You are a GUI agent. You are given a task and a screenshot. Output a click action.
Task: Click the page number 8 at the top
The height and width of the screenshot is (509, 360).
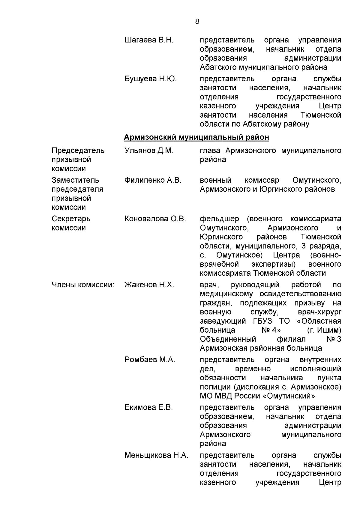(x=197, y=22)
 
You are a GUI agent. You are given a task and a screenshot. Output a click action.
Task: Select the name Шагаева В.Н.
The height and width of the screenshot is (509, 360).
(x=149, y=40)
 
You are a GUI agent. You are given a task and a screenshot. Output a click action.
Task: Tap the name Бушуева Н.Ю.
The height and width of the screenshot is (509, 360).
(x=150, y=79)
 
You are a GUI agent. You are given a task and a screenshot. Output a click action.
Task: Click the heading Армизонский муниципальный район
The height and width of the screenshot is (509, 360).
(x=196, y=137)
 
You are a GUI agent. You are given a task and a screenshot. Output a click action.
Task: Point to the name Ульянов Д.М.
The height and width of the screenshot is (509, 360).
(x=149, y=151)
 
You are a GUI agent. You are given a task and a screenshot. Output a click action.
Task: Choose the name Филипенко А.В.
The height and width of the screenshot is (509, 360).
(x=153, y=180)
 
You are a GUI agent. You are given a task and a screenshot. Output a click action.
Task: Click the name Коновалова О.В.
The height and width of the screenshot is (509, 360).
(x=155, y=219)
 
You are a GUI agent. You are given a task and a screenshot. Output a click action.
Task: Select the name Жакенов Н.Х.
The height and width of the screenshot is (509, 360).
(x=149, y=285)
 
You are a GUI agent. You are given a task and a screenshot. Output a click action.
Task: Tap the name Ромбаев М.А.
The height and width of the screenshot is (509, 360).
(x=150, y=360)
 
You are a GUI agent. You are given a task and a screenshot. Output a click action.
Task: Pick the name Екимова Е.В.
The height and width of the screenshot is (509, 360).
(x=148, y=408)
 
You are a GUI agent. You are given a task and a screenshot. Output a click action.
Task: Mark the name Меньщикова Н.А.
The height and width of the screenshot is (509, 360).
(x=156, y=455)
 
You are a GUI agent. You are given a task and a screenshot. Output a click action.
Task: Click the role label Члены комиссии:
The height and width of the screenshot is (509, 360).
(x=83, y=285)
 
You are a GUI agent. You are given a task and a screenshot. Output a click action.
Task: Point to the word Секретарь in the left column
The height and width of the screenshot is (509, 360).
(x=71, y=219)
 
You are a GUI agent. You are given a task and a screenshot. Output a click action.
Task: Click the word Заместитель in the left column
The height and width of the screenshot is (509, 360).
(x=75, y=180)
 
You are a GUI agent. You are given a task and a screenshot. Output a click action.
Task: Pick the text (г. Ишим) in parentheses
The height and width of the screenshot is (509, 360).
(x=324, y=330)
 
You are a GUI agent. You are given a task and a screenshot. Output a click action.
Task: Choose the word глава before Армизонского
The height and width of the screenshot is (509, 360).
(x=210, y=151)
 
